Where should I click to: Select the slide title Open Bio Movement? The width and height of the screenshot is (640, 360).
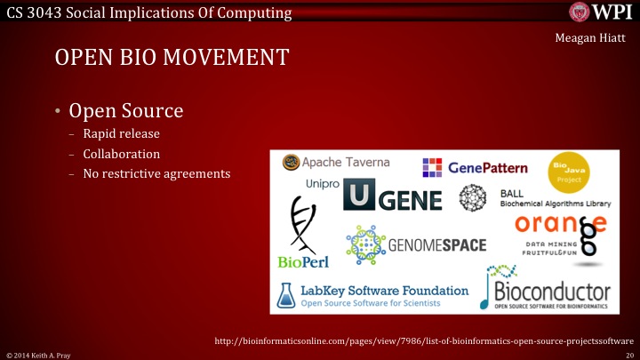pos(172,59)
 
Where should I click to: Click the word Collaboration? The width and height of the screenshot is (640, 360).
pos(121,154)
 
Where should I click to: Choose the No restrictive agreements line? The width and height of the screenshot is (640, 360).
pos(156,172)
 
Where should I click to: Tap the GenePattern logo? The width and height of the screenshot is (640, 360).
pos(476,166)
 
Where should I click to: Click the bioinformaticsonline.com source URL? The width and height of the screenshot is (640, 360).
pos(424,340)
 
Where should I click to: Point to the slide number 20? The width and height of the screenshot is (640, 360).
pos(628,355)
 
